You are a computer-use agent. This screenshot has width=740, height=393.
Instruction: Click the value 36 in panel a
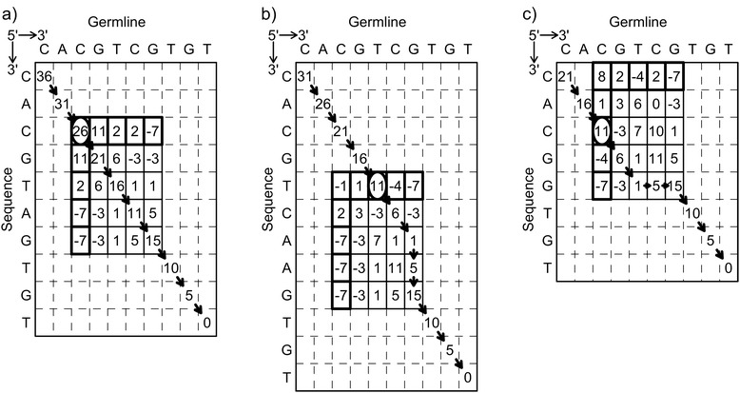pyautogui.click(x=43, y=75)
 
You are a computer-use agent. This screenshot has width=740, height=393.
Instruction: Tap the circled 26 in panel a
pyautogui.click(x=80, y=128)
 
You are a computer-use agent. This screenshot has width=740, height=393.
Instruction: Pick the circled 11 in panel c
pyautogui.click(x=601, y=128)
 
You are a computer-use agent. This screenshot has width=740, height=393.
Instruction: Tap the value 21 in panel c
pyautogui.click(x=563, y=76)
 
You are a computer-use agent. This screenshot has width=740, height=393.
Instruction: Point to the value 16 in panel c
pyautogui.click(x=582, y=102)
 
